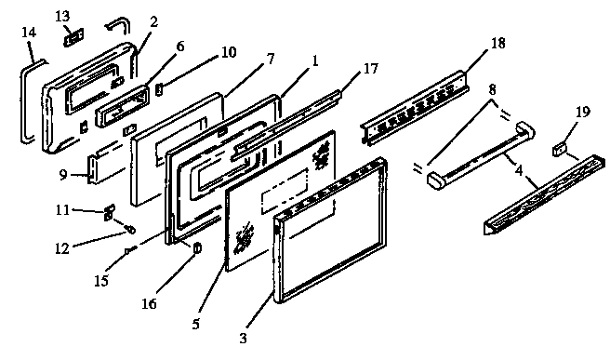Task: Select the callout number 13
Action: (62, 17)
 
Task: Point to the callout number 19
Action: (582, 113)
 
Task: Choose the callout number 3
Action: (244, 338)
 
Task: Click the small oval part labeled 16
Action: (196, 247)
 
